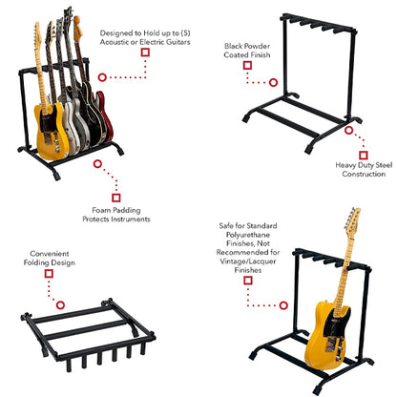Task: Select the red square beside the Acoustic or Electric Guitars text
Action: pos(145,52)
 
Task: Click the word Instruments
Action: pos(131,219)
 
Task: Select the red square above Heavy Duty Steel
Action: pos(364,154)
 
